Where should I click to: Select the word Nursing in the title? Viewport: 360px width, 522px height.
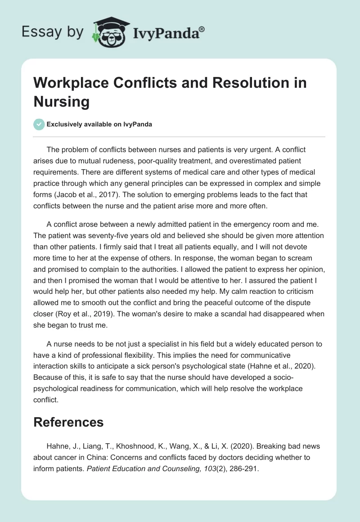click(x=62, y=101)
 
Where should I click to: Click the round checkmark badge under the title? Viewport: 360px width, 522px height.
click(x=39, y=124)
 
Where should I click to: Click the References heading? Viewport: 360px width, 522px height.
click(x=68, y=422)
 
